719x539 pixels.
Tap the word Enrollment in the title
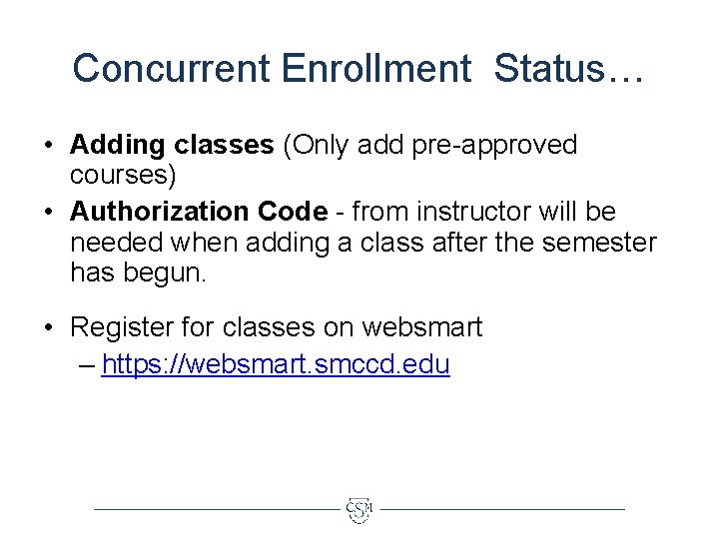click(x=376, y=68)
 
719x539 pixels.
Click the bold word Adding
click(x=117, y=146)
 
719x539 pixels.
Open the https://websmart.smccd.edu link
click(x=276, y=365)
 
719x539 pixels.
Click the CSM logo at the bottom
click(x=359, y=510)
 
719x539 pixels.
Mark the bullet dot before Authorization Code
click(x=48, y=213)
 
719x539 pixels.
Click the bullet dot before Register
click(x=48, y=327)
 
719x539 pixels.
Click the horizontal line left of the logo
click(x=215, y=509)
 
